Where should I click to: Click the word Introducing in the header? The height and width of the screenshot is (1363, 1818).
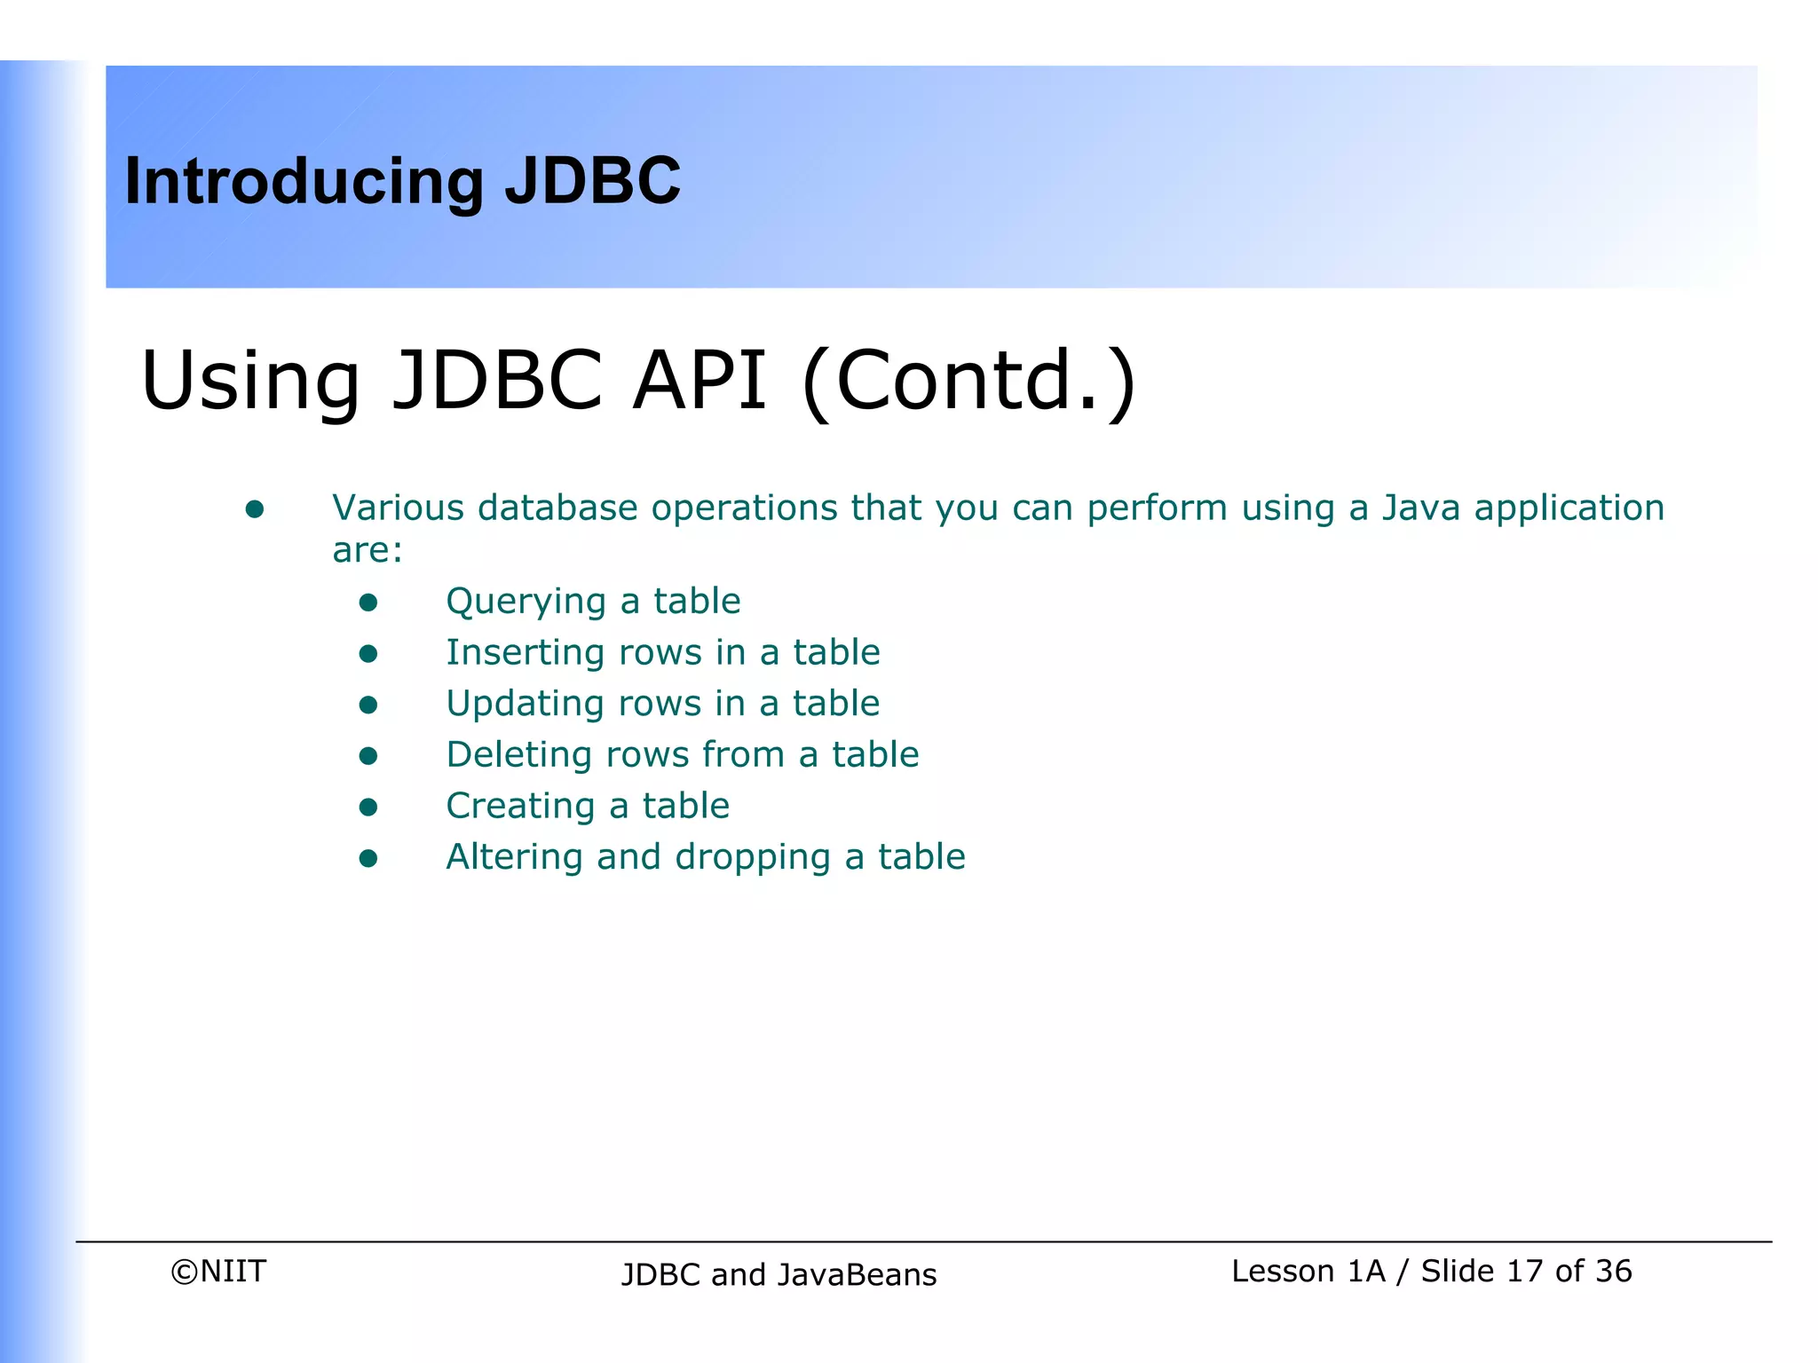[x=304, y=182]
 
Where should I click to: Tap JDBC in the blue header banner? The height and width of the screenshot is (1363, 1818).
[x=592, y=180]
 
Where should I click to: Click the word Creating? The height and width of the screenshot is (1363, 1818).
[x=519, y=807]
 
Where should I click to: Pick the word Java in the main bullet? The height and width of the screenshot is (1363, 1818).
[x=1420, y=508]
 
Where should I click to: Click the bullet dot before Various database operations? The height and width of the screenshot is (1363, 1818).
[x=255, y=509]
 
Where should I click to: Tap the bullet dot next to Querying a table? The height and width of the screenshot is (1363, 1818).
[x=368, y=603]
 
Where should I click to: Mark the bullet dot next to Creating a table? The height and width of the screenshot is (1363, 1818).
[x=368, y=808]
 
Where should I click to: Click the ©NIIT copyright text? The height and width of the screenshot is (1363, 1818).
[x=218, y=1272]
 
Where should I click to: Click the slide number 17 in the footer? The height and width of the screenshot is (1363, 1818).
[x=1524, y=1272]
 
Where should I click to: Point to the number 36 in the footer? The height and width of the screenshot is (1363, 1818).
[x=1613, y=1272]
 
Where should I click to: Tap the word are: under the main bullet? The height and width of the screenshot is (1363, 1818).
[x=368, y=551]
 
